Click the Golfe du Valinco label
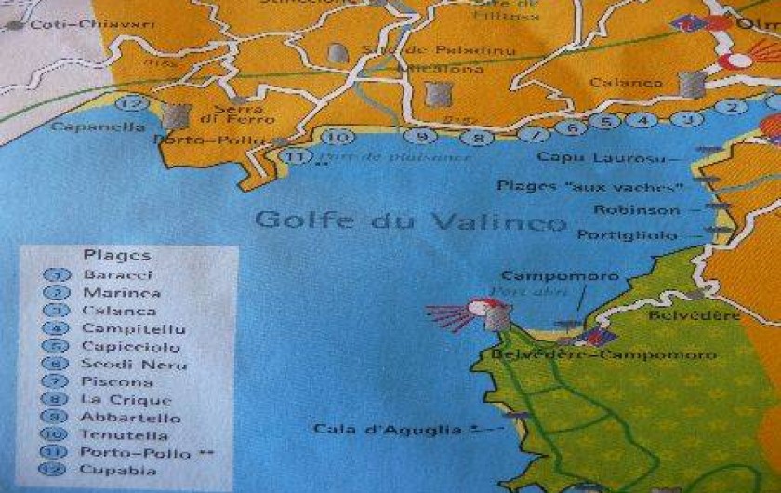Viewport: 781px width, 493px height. coord(409,221)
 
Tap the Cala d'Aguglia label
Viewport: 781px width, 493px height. coord(387,430)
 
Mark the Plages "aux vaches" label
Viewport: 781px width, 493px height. coord(590,186)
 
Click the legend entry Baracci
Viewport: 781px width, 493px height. coord(117,275)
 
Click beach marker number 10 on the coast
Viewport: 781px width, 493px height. coord(339,137)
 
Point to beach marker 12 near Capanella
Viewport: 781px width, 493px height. coord(136,104)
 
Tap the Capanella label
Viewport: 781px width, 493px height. coord(86,127)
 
